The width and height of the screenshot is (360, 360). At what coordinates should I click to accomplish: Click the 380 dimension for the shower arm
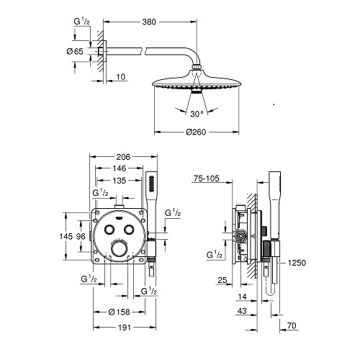(x=149, y=22)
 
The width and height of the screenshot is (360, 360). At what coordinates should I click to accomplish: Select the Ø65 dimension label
(x=75, y=51)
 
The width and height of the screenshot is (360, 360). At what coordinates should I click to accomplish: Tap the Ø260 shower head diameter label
(x=196, y=132)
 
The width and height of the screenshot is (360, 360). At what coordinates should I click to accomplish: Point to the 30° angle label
(x=197, y=114)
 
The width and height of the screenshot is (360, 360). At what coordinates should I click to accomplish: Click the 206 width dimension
(x=123, y=157)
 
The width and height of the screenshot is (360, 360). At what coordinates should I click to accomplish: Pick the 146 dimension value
(x=120, y=168)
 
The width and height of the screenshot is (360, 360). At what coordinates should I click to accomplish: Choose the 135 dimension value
(x=120, y=180)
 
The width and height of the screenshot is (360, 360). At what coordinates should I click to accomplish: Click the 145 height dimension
(x=66, y=236)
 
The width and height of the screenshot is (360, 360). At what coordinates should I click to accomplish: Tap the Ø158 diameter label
(x=120, y=312)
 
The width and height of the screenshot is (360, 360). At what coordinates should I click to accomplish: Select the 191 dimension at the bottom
(x=125, y=328)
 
